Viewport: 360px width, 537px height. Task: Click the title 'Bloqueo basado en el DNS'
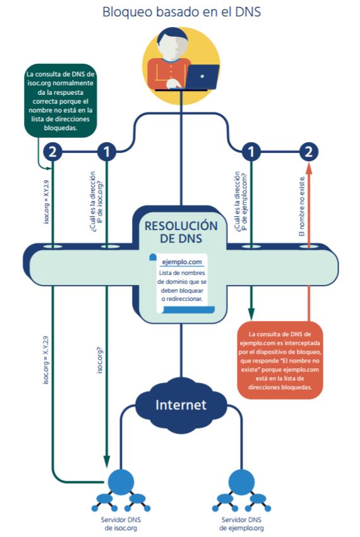pos(181,11)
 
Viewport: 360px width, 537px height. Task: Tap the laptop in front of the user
pos(201,77)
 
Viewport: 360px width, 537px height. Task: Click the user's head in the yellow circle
pos(172,43)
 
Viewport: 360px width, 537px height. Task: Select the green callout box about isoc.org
pos(60,100)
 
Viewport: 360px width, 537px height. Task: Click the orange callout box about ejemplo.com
pos(280,360)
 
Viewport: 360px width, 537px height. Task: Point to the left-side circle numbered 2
pos(52,152)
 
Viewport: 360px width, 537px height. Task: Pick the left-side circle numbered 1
pos(107,152)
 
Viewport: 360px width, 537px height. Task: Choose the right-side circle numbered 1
pos(251,152)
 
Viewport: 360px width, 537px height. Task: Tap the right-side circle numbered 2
pos(309,152)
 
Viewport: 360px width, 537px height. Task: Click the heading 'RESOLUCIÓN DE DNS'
pos(181,232)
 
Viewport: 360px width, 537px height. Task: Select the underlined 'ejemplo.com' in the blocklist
pos(181,262)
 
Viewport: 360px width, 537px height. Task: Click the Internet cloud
pos(181,404)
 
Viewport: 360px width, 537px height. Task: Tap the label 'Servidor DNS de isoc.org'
pos(121,524)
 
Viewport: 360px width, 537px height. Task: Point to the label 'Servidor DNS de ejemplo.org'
pos(241,524)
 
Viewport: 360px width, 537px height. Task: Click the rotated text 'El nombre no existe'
pos(301,207)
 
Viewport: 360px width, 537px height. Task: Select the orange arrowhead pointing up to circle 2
pos(309,168)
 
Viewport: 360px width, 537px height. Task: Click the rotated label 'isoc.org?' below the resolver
pos(100,359)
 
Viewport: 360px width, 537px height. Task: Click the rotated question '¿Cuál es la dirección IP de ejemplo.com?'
pos(241,202)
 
